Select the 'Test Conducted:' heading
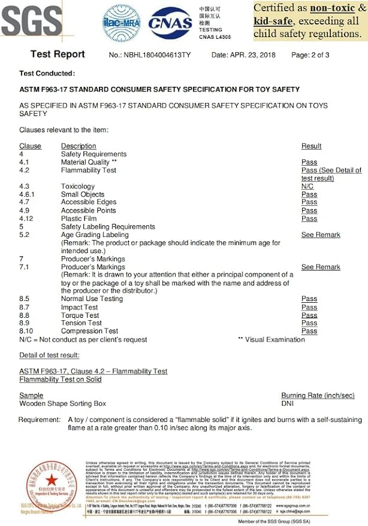(47, 74)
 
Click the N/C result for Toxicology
(307, 187)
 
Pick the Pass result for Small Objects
(309, 194)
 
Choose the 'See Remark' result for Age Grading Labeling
(321, 235)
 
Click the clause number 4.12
(27, 219)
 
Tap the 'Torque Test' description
(80, 315)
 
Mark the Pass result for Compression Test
(309, 331)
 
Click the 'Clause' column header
(31, 146)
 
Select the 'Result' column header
(311, 146)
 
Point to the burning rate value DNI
(288, 404)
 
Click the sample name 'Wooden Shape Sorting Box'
(62, 404)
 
